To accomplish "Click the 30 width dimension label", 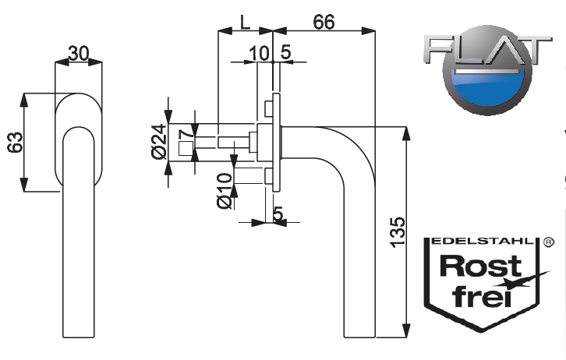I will coord(78,53).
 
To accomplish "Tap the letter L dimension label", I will coord(245,22).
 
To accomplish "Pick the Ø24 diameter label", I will coord(158,142).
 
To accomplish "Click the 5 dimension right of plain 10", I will coord(285,53).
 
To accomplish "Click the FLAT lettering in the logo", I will coord(483,51).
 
